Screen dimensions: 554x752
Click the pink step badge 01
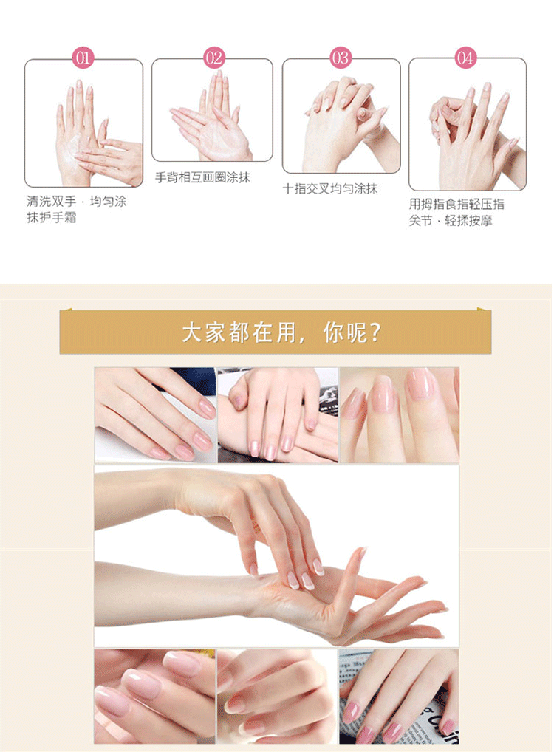click(83, 58)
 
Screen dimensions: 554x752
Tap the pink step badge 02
click(214, 58)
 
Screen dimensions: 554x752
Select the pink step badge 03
click(341, 58)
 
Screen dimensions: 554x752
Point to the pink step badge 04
click(466, 58)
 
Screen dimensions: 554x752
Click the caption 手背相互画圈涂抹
click(202, 177)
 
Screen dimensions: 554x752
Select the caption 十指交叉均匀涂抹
click(330, 188)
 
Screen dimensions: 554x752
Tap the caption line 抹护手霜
click(52, 218)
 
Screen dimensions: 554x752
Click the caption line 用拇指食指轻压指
click(456, 205)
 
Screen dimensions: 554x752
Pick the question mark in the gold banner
click(375, 332)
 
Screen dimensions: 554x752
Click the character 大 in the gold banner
click(192, 332)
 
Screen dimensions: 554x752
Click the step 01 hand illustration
click(84, 123)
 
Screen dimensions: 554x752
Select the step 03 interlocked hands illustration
click(341, 115)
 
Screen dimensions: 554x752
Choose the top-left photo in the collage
click(155, 415)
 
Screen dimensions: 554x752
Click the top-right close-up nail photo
click(399, 415)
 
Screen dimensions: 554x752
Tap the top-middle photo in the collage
click(278, 415)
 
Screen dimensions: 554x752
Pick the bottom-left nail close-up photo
click(155, 697)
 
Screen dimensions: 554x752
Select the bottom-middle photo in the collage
click(277, 697)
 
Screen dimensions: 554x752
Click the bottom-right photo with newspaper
click(399, 697)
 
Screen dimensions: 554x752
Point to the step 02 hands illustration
click(213, 110)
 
